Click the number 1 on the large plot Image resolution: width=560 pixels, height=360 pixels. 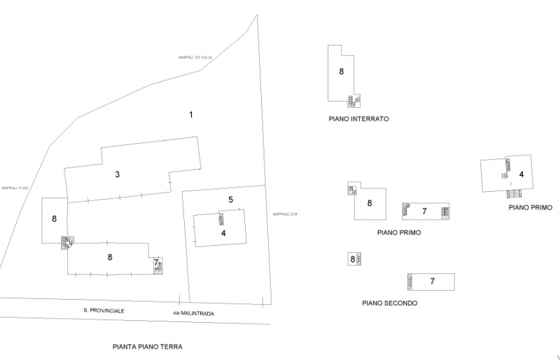(x=190, y=114)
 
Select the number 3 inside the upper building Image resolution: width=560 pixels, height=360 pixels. (x=118, y=174)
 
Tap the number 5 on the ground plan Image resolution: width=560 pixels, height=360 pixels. (x=230, y=200)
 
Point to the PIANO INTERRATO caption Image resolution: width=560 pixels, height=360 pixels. (x=358, y=119)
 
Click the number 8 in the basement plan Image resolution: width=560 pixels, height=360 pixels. (x=342, y=71)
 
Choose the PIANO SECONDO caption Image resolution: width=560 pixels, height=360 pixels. (x=390, y=303)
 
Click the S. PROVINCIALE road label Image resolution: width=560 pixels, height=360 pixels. (x=104, y=310)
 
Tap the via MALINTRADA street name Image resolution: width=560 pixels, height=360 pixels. (x=192, y=313)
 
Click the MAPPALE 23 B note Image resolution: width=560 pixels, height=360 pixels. (x=285, y=214)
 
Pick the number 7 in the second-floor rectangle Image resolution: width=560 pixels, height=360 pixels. (x=433, y=281)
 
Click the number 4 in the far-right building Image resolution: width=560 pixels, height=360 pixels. (x=521, y=174)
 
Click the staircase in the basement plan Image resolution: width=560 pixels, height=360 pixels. (x=354, y=99)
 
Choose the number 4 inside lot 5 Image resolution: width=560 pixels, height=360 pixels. (x=223, y=233)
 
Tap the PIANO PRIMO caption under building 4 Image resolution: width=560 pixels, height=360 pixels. (x=526, y=207)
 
